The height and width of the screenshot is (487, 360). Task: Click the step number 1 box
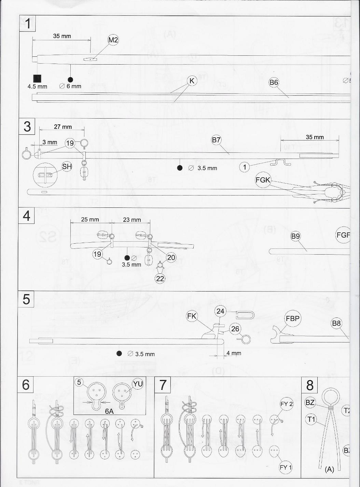coord(27,24)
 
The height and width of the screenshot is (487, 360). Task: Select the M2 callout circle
coord(113,40)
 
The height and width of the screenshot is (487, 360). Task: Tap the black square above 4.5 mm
coord(37,79)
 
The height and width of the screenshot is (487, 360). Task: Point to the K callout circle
coord(192,81)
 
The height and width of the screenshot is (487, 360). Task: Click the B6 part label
coord(274,82)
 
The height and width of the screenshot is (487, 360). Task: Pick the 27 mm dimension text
coord(63,127)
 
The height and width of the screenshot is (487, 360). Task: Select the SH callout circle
coord(67,166)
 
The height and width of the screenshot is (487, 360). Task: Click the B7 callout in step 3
coord(216,140)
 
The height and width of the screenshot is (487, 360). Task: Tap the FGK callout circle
coord(263,180)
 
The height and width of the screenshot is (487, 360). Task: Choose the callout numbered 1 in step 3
coord(244,167)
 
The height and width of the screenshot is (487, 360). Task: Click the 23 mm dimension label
coord(132,220)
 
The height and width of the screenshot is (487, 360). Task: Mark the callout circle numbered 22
coord(160,279)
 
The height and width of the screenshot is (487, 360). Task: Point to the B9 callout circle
coord(295,236)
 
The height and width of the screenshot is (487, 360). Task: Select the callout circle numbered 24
coord(220,311)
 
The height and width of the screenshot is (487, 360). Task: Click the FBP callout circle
coord(292,319)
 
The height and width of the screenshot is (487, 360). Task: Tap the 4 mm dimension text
coord(234,353)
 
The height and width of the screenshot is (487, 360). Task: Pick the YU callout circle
coord(138,384)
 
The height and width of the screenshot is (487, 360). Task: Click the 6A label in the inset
coord(109,411)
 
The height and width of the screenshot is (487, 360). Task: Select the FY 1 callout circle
coord(286,468)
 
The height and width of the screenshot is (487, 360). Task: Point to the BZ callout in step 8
coord(310,403)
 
